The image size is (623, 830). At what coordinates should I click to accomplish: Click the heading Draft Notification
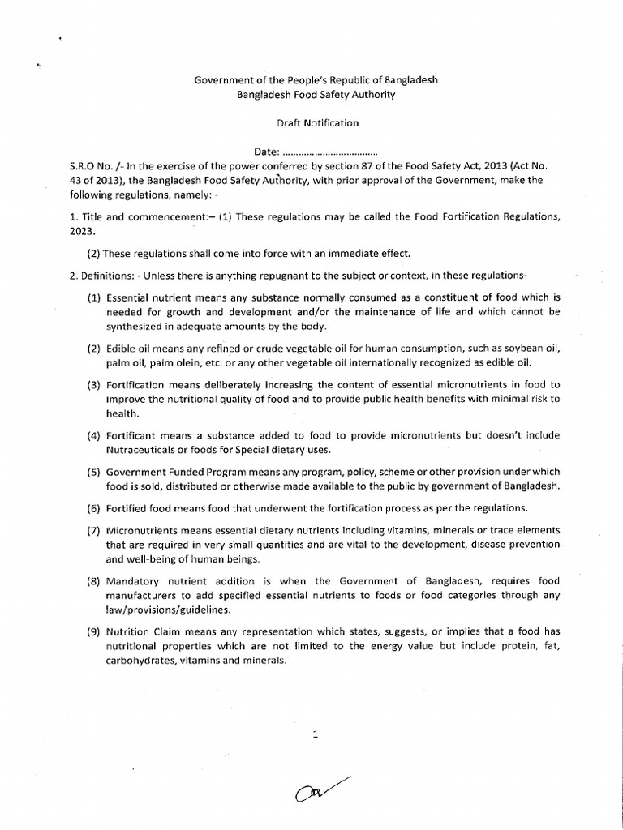312,123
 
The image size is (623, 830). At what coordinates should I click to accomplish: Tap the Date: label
266,152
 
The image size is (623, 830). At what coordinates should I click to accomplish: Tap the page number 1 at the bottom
314,735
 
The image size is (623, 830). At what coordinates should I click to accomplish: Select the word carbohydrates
146,661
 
